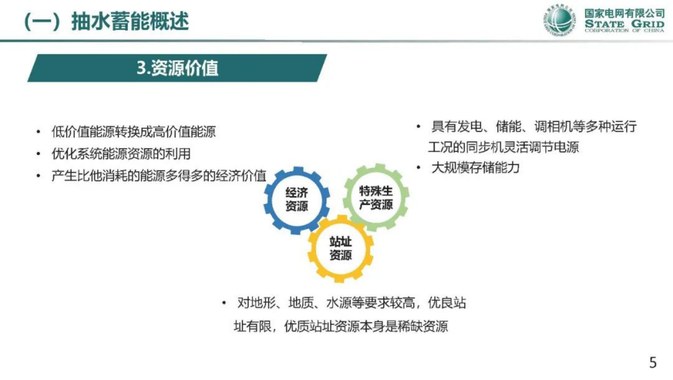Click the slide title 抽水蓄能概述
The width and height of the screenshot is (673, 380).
pyautogui.click(x=129, y=21)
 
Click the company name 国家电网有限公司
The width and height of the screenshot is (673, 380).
pyautogui.click(x=624, y=13)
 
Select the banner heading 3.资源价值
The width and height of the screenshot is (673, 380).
pyautogui.click(x=177, y=68)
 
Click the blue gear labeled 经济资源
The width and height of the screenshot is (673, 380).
pyautogui.click(x=296, y=200)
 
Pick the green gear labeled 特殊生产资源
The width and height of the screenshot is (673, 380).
pyautogui.click(x=376, y=198)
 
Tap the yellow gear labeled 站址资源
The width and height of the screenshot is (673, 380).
pyautogui.click(x=341, y=249)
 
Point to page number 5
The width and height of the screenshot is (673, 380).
pyautogui.click(x=653, y=362)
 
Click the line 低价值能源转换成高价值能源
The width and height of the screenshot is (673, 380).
pyautogui.click(x=134, y=132)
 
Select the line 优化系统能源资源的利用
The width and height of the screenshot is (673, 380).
pyautogui.click(x=121, y=154)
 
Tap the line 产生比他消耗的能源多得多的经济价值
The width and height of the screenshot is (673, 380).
pyautogui.click(x=159, y=176)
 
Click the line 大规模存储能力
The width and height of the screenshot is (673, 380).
pyautogui.click(x=475, y=168)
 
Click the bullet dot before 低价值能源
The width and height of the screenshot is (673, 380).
pyautogui.click(x=39, y=132)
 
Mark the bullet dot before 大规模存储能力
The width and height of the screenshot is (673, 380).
pyautogui.click(x=419, y=168)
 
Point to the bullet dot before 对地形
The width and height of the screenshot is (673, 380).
pyautogui.click(x=224, y=303)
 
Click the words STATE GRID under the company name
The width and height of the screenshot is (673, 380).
pyautogui.click(x=624, y=24)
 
